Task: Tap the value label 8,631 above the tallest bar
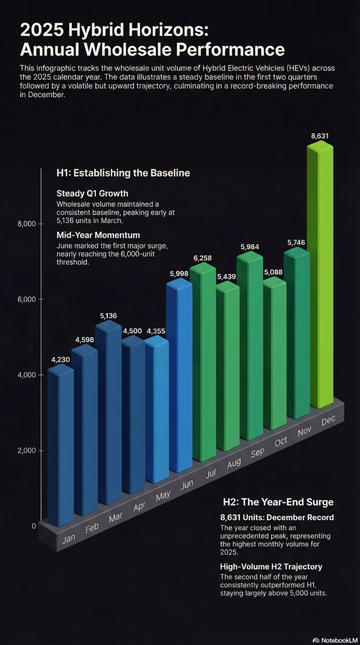[320, 136]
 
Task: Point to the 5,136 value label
[108, 315]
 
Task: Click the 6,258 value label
[202, 258]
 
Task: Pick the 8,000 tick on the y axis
[26, 224]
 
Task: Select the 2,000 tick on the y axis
[26, 450]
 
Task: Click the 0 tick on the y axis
[34, 526]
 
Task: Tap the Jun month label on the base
[187, 484]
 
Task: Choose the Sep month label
[257, 452]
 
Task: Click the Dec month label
[328, 420]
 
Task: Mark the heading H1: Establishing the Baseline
[123, 173]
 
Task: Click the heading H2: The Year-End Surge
[278, 502]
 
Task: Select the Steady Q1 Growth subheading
[92, 193]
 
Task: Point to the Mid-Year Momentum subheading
[98, 235]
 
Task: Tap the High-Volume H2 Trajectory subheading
[271, 566]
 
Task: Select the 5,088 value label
[273, 272]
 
